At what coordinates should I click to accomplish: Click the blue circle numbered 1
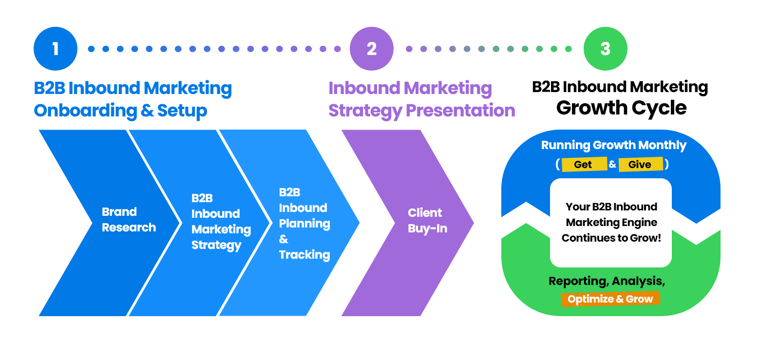[x=56, y=49]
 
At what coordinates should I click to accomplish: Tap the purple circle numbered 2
[x=372, y=49]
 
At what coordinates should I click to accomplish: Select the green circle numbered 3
[x=605, y=49]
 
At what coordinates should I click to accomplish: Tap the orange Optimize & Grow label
[x=610, y=299]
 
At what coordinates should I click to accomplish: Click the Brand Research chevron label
[x=129, y=220]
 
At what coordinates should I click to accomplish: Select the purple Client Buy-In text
[x=428, y=221]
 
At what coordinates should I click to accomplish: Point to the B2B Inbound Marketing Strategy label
[x=221, y=222]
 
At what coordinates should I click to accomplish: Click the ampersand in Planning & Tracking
[x=284, y=239]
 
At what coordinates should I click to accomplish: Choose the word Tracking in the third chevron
[x=304, y=255]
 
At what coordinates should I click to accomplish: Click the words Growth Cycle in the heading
[x=621, y=108]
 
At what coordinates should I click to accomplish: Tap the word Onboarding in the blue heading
[x=86, y=111]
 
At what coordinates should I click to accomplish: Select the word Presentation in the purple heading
[x=460, y=111]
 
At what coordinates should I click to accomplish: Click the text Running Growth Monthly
[x=614, y=145]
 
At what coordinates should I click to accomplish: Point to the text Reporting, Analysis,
[x=607, y=281]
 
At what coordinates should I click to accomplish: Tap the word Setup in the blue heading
[x=182, y=111]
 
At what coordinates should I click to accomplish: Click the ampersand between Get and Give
[x=612, y=165]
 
